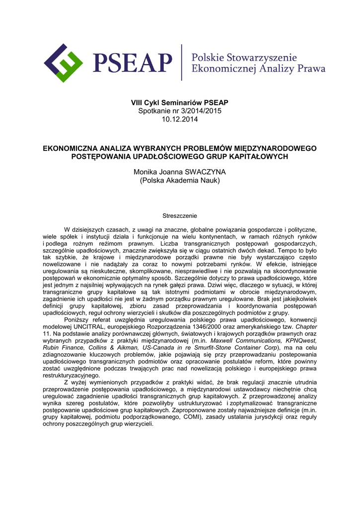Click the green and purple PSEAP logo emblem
click(63, 63)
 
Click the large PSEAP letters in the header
click(132, 63)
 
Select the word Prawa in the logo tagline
click(311, 68)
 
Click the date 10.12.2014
click(180, 119)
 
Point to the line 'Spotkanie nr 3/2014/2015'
click(180, 111)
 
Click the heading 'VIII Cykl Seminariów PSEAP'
click(180, 103)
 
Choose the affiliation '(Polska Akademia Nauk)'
click(180, 180)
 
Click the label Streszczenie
click(180, 216)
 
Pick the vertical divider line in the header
click(182, 63)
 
